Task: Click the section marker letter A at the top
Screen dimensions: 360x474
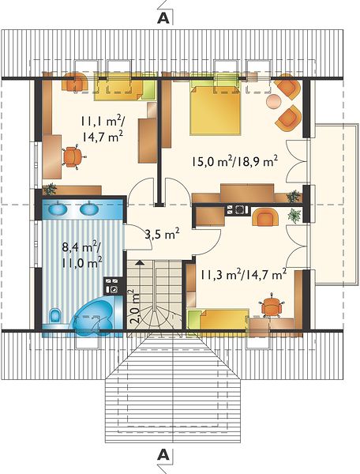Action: (163, 18)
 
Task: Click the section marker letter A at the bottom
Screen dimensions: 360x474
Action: (163, 455)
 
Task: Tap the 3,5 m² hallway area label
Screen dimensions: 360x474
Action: (162, 235)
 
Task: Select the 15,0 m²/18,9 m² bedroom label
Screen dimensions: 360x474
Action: (234, 161)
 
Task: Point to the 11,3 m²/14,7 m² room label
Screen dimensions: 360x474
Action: (243, 275)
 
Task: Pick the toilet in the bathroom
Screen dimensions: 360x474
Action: (55, 316)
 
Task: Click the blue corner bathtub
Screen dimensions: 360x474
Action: (95, 316)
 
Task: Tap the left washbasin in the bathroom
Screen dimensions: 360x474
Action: (58, 209)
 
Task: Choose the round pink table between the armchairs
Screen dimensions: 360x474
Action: (274, 100)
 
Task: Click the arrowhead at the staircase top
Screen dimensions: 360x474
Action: (140, 262)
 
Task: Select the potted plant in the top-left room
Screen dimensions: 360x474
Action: (50, 189)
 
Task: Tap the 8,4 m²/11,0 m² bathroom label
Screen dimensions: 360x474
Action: (81, 254)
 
